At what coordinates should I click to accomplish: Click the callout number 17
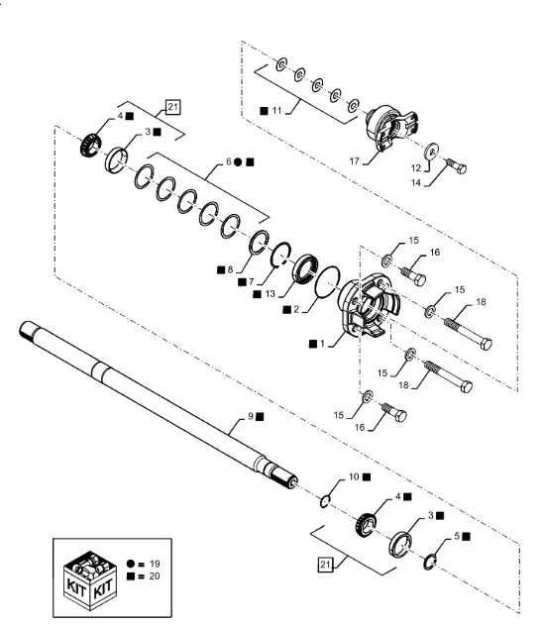coord(354,161)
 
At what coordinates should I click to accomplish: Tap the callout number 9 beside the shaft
coord(251,416)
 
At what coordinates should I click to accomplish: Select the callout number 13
coord(270,294)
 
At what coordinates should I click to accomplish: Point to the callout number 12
coord(416,167)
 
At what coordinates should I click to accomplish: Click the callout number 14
coord(416,182)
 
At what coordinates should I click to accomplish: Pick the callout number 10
coord(354,476)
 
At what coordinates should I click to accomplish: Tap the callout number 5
coord(457,536)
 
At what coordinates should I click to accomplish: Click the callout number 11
coord(276,111)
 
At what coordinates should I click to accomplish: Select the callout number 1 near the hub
coord(322,344)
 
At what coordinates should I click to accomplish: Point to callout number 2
coord(296,309)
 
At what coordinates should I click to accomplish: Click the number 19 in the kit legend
coord(155,564)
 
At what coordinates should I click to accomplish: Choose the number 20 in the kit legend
coord(155,576)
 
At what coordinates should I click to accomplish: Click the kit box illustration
coord(90,579)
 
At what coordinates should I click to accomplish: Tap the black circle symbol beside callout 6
coord(238,161)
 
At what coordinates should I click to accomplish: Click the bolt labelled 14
coord(456,166)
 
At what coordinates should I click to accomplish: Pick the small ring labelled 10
coord(325,502)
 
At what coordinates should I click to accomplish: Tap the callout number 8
coord(230,269)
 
